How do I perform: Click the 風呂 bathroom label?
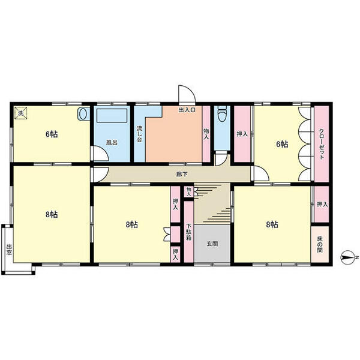point(112,142)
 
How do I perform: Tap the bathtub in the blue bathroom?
point(112,115)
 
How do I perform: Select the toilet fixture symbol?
point(222,113)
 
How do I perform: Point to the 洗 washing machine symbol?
point(21,113)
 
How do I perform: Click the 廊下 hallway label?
point(182,174)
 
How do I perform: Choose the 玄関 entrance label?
point(212,244)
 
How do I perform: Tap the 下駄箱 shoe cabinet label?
point(189,232)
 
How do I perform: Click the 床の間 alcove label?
point(320,245)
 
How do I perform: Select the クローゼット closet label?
point(322,144)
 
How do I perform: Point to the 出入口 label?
point(187,110)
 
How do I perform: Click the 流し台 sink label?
point(140,134)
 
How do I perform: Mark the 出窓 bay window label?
point(9,250)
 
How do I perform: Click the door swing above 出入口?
point(187,94)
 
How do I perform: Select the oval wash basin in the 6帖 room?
point(83,113)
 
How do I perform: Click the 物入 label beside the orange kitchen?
point(206,134)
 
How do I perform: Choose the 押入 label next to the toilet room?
point(242,134)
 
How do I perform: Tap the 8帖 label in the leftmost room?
point(52,214)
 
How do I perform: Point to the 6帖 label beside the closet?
point(282,144)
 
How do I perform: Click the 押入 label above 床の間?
point(322,204)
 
